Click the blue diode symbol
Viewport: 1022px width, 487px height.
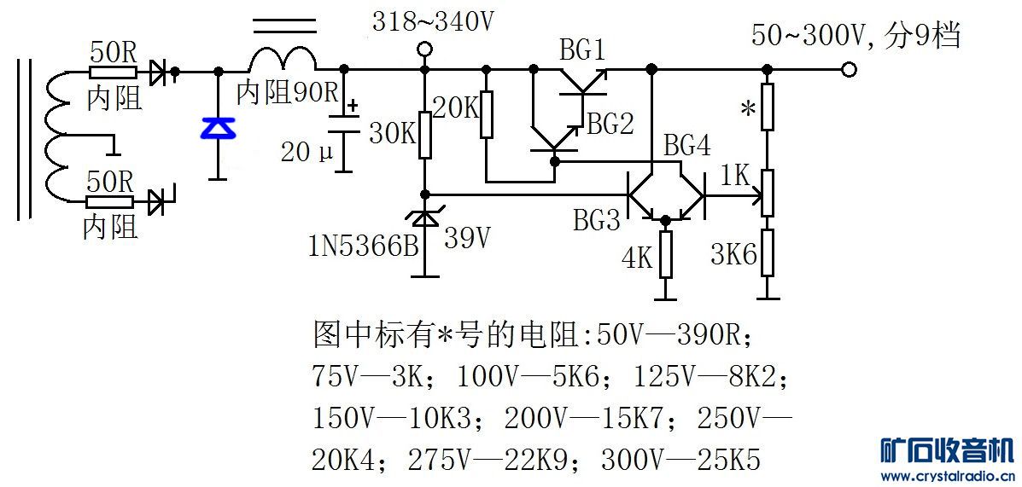tap(216, 128)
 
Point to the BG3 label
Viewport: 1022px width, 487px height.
tap(597, 222)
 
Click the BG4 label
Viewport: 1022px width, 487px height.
tap(687, 147)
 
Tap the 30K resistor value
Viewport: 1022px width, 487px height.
tap(393, 134)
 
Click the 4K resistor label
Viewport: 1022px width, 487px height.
tap(638, 258)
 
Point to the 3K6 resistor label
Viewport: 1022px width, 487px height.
tap(734, 254)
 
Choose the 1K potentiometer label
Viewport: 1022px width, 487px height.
tap(735, 176)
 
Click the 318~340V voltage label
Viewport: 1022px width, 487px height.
tap(434, 22)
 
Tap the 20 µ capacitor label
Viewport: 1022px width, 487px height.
tap(307, 152)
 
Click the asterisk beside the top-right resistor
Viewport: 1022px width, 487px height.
tap(747, 108)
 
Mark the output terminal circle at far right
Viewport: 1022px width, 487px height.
tap(848, 69)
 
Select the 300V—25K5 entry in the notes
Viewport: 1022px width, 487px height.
tap(680, 461)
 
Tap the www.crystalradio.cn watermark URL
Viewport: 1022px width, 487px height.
tap(948, 476)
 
